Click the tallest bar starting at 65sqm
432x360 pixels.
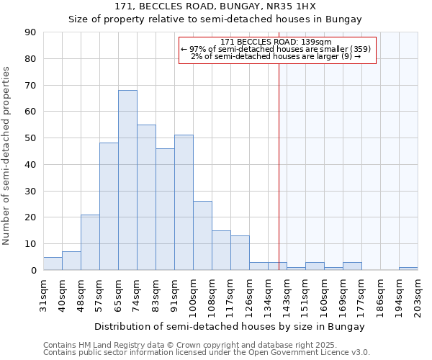pyautogui.click(x=127, y=180)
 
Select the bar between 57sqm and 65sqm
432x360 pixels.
pyautogui.click(x=109, y=207)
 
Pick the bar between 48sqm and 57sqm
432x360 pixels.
pyautogui.click(x=90, y=242)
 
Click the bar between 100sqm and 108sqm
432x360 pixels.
pyautogui.click(x=202, y=235)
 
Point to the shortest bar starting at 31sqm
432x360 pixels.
pyautogui.click(x=53, y=264)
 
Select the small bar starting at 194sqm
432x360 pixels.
pyautogui.click(x=408, y=269)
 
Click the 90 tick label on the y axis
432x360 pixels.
pyautogui.click(x=30, y=32)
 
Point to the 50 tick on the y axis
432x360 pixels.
pyautogui.click(x=30, y=138)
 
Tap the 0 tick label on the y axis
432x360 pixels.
pyautogui.click(x=33, y=270)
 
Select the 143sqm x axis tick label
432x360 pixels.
pyautogui.click(x=287, y=296)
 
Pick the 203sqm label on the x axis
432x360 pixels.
pyautogui.click(x=418, y=296)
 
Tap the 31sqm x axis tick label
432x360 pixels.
pyautogui.click(x=44, y=294)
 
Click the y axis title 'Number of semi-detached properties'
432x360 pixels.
pyautogui.click(x=6, y=155)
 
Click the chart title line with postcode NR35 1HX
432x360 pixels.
pyautogui.click(x=215, y=6)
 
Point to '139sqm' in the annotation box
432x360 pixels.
pyautogui.click(x=317, y=42)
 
